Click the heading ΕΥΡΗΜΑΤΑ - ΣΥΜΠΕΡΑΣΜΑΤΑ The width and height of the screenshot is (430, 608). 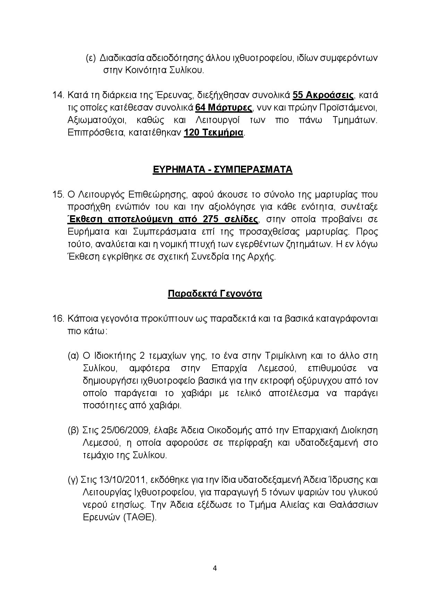[222, 170]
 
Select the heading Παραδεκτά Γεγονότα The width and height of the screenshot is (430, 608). [215, 294]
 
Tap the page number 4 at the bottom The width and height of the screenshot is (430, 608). [215, 568]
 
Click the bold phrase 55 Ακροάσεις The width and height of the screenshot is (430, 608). [323, 95]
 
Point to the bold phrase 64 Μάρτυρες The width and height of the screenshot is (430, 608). [224, 107]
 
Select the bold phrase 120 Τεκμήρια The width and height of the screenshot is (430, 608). [214, 132]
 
